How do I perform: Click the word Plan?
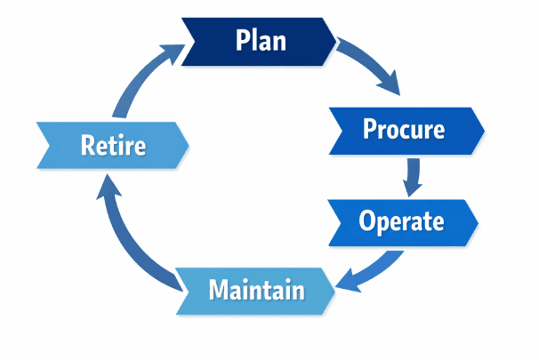pyautogui.click(x=261, y=40)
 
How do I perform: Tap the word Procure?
pyautogui.click(x=403, y=130)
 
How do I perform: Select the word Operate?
pyautogui.click(x=401, y=220)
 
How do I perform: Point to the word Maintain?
pyautogui.click(x=256, y=290)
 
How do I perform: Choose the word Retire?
pyautogui.click(x=113, y=145)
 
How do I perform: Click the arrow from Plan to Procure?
pyautogui.click(x=372, y=66)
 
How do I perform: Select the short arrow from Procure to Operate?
pyautogui.click(x=412, y=176)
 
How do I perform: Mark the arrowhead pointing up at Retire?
pyautogui.click(x=105, y=184)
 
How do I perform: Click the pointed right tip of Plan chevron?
pyautogui.click(x=335, y=41)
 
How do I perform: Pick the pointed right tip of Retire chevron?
pyautogui.click(x=189, y=144)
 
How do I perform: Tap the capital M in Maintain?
pyautogui.click(x=219, y=290)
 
